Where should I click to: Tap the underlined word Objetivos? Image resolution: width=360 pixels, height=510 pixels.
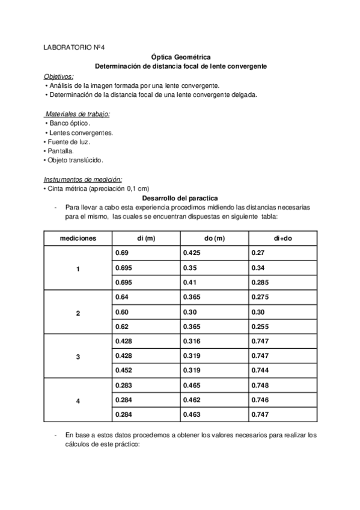pos(59,76)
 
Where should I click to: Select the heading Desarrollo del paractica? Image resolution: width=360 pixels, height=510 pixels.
pos(180,198)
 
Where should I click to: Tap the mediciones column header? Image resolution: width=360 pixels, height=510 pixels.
pos(78,238)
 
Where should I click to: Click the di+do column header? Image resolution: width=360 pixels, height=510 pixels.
pos(282,238)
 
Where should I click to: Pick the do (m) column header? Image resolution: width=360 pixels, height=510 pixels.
pos(215,238)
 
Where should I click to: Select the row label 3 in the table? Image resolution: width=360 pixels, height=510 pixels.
pos(78,357)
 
